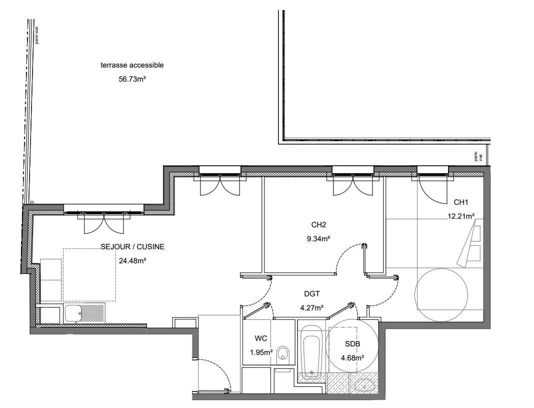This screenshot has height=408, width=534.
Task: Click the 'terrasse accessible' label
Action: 132,65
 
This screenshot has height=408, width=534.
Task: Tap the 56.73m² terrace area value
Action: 132,79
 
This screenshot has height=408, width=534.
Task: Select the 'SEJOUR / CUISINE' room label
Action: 132,247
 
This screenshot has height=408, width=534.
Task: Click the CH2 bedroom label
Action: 318,225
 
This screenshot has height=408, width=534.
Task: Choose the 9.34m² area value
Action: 318,239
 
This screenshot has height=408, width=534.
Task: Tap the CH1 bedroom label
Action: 461,202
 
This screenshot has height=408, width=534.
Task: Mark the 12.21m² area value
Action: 461,216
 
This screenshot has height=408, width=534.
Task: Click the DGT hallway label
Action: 312,294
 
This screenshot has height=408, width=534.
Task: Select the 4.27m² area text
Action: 311,308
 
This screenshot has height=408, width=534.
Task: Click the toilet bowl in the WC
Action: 283,353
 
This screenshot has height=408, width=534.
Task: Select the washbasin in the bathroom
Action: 365,385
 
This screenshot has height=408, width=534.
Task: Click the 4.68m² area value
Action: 352,357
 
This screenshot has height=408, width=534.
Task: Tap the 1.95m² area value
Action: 261,352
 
